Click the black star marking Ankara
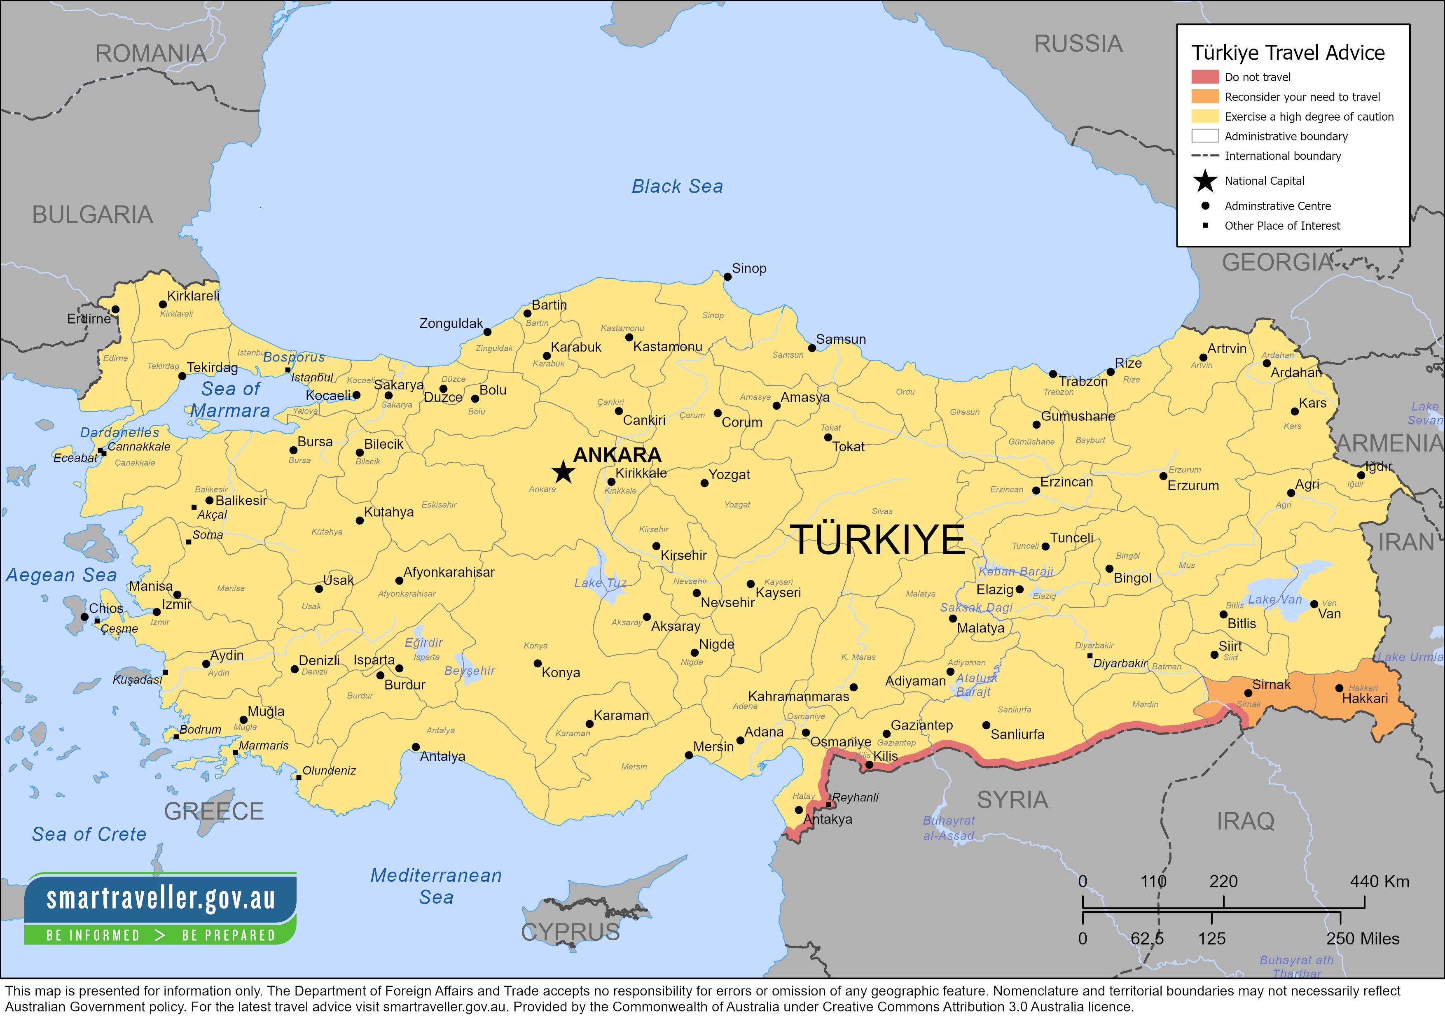[x=563, y=472]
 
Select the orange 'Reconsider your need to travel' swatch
[x=1204, y=97]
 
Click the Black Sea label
[x=677, y=186]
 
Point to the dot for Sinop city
[x=727, y=277]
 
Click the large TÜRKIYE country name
[x=877, y=540]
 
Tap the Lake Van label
[x=1275, y=599]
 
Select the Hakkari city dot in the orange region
[x=1339, y=688]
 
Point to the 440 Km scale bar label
[x=1379, y=881]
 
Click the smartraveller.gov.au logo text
[x=161, y=898]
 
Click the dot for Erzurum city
[x=1164, y=476]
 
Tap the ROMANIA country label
[x=151, y=54]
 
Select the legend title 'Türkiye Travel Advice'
[x=1288, y=53]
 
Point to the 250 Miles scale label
[x=1363, y=939]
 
